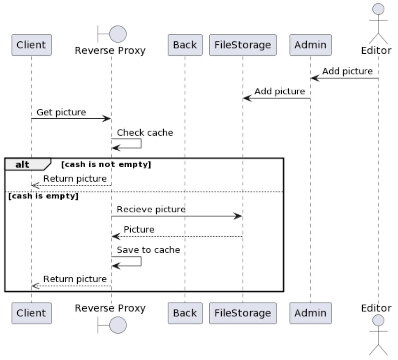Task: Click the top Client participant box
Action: click(32, 45)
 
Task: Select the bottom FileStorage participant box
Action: click(242, 313)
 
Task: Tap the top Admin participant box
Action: click(310, 45)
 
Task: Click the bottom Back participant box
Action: click(185, 313)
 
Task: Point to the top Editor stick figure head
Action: click(378, 9)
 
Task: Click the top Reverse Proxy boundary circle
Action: click(118, 34)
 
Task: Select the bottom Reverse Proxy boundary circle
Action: click(118, 325)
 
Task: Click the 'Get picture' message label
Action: click(61, 112)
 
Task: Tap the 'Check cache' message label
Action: click(145, 133)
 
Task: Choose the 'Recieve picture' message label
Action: click(151, 210)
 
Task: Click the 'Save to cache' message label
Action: click(148, 250)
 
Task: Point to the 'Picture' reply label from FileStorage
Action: click(139, 230)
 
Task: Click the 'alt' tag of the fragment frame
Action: click(22, 164)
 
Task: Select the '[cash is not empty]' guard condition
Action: click(106, 164)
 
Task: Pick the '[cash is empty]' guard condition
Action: click(43, 196)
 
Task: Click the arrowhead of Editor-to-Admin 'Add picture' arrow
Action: click(314, 78)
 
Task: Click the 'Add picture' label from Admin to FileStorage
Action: click(280, 91)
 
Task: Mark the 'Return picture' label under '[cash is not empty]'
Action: click(75, 179)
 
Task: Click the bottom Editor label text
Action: click(376, 308)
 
